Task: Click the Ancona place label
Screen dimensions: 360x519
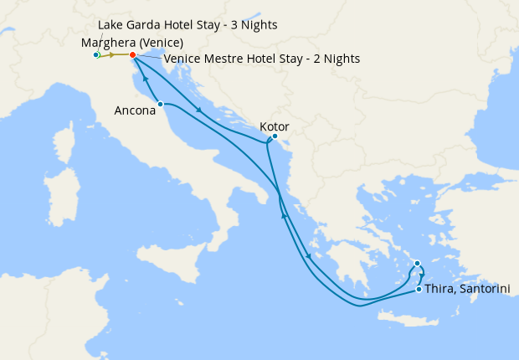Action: pyautogui.click(x=135, y=109)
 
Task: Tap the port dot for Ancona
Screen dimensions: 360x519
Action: pyautogui.click(x=160, y=104)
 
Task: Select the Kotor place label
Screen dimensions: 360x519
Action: pyautogui.click(x=275, y=126)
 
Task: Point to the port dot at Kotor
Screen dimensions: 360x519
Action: pyautogui.click(x=275, y=136)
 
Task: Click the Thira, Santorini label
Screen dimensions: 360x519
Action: pyautogui.click(x=467, y=289)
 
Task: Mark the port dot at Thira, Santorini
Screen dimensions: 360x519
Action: pyautogui.click(x=419, y=290)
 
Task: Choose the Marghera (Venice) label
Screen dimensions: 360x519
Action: pyautogui.click(x=132, y=42)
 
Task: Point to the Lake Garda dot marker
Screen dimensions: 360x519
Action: pyautogui.click(x=96, y=55)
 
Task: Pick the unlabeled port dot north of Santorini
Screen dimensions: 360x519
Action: pyautogui.click(x=418, y=264)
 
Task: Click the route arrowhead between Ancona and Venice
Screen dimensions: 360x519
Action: pyautogui.click(x=146, y=79)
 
